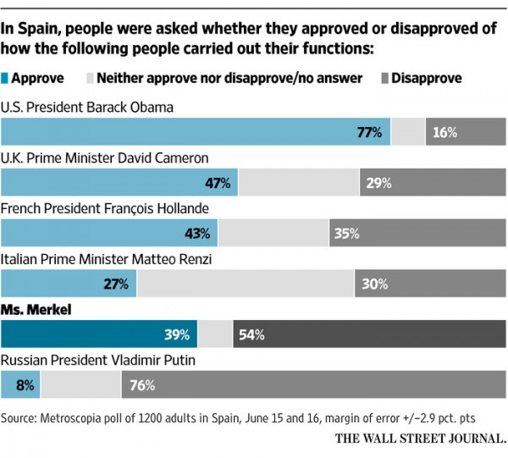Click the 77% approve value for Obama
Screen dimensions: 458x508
tap(370, 133)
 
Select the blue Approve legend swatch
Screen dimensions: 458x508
tap(7, 79)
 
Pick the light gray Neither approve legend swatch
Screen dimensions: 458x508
tap(88, 79)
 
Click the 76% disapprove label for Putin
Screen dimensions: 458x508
tap(143, 385)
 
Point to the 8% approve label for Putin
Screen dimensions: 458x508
tap(24, 385)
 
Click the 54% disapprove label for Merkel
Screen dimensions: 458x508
tap(251, 334)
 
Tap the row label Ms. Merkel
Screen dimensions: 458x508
tap(36, 310)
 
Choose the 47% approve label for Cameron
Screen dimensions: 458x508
tap(218, 183)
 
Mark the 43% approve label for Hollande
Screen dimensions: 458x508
tap(198, 234)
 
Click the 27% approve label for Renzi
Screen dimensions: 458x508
tap(117, 284)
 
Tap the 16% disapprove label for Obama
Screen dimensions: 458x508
tap(444, 133)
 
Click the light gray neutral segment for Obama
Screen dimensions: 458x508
tap(407, 133)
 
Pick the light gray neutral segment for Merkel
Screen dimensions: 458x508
tap(214, 334)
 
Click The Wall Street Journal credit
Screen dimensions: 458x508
tap(420, 439)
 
